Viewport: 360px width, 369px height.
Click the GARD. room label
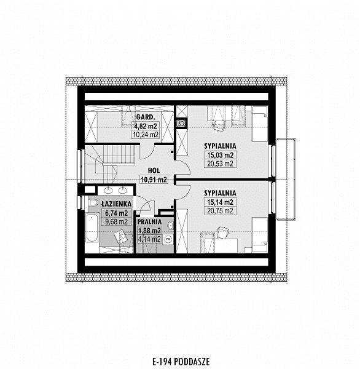pos(146,117)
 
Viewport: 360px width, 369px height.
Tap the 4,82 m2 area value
pos(146,126)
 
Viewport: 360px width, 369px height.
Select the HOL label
pos(154,170)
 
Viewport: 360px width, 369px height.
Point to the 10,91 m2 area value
pos(154,180)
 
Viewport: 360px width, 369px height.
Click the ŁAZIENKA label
pos(116,204)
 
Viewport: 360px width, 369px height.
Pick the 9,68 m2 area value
pos(116,221)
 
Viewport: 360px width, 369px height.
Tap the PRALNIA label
pos(149,221)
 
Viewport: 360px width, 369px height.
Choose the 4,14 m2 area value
pos(149,239)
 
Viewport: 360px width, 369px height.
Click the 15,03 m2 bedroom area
pos(220,155)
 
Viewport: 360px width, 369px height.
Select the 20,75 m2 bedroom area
pos(220,211)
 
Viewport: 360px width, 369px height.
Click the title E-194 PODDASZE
pos(181,362)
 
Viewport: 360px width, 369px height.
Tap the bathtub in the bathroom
pos(92,228)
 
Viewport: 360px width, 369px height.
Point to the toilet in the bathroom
pos(93,202)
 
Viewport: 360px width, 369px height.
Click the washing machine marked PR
pos(168,239)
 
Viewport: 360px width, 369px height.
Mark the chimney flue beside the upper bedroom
pos(181,123)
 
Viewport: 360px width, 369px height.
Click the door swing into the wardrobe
pos(147,151)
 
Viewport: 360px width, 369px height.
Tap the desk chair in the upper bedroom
pos(218,125)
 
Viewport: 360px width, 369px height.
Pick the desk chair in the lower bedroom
pos(222,232)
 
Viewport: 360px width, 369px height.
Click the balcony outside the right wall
pos(286,179)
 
